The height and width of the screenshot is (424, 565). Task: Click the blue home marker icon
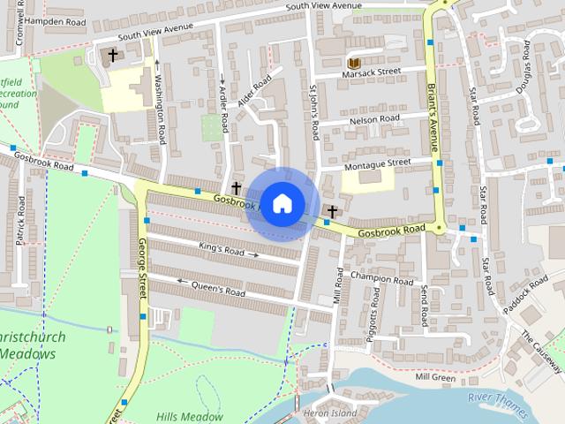(x=282, y=203)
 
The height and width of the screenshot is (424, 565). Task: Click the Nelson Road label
(x=374, y=118)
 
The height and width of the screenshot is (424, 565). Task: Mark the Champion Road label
(x=381, y=278)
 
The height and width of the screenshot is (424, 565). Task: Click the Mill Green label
(x=434, y=377)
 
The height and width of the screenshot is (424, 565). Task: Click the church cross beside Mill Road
(x=333, y=210)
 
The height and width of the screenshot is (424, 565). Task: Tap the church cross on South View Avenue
(x=112, y=55)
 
